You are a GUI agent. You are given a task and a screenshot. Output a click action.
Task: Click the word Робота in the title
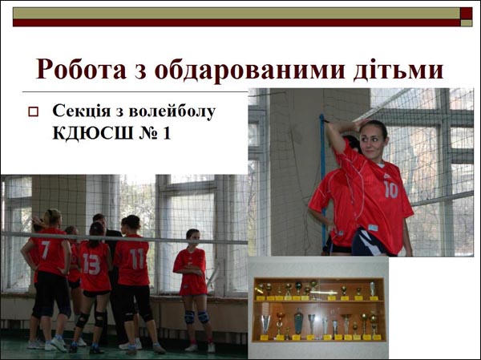coord(81,69)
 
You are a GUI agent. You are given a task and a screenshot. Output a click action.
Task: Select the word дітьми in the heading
coord(398,70)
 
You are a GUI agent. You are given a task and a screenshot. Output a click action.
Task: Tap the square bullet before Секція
coord(33,111)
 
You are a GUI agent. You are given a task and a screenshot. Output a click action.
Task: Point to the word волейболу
coord(172,111)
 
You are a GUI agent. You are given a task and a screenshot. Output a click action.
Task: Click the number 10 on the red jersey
coord(390,189)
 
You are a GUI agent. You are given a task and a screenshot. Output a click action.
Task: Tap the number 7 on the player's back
coord(45,249)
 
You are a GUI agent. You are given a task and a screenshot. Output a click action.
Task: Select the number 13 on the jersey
coord(91,263)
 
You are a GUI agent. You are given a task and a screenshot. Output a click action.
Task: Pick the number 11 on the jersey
coord(136,258)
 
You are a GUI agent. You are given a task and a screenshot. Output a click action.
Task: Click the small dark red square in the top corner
coord(467,13)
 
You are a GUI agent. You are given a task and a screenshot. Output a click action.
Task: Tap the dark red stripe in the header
coord(236,22)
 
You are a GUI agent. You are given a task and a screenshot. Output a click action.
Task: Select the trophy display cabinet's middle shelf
coord(319,301)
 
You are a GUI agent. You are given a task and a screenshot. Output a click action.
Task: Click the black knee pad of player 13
coord(82,320)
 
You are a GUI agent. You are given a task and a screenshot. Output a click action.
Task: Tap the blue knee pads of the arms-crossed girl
coord(196,317)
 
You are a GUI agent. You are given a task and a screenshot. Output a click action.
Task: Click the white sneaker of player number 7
coord(59,344)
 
